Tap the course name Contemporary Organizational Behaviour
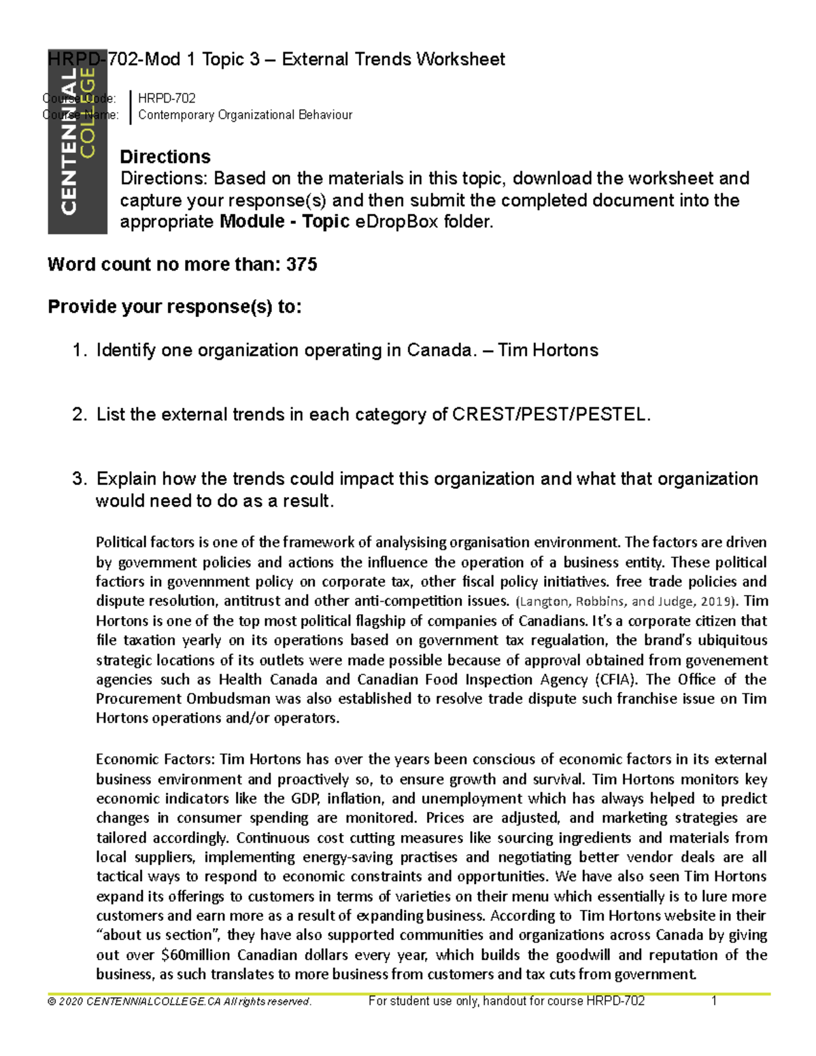[x=245, y=115]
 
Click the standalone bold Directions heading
[x=165, y=156]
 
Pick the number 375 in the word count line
[x=302, y=265]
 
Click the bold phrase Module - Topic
[x=285, y=222]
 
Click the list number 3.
[x=79, y=479]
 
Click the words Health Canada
[x=268, y=679]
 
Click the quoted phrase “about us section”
[x=155, y=935]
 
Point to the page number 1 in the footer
[x=714, y=1001]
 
